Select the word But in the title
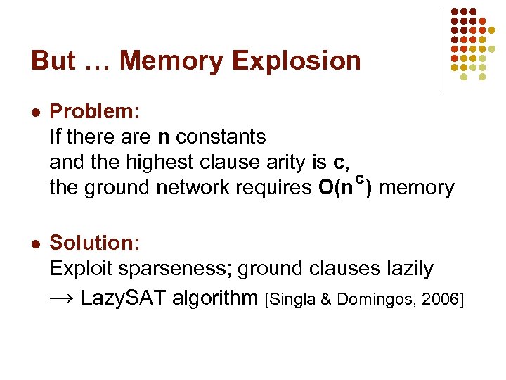pyautogui.click(x=53, y=61)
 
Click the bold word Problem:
pyautogui.click(x=96, y=111)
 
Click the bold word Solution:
pyautogui.click(x=96, y=243)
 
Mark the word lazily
pyautogui.click(x=402, y=269)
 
